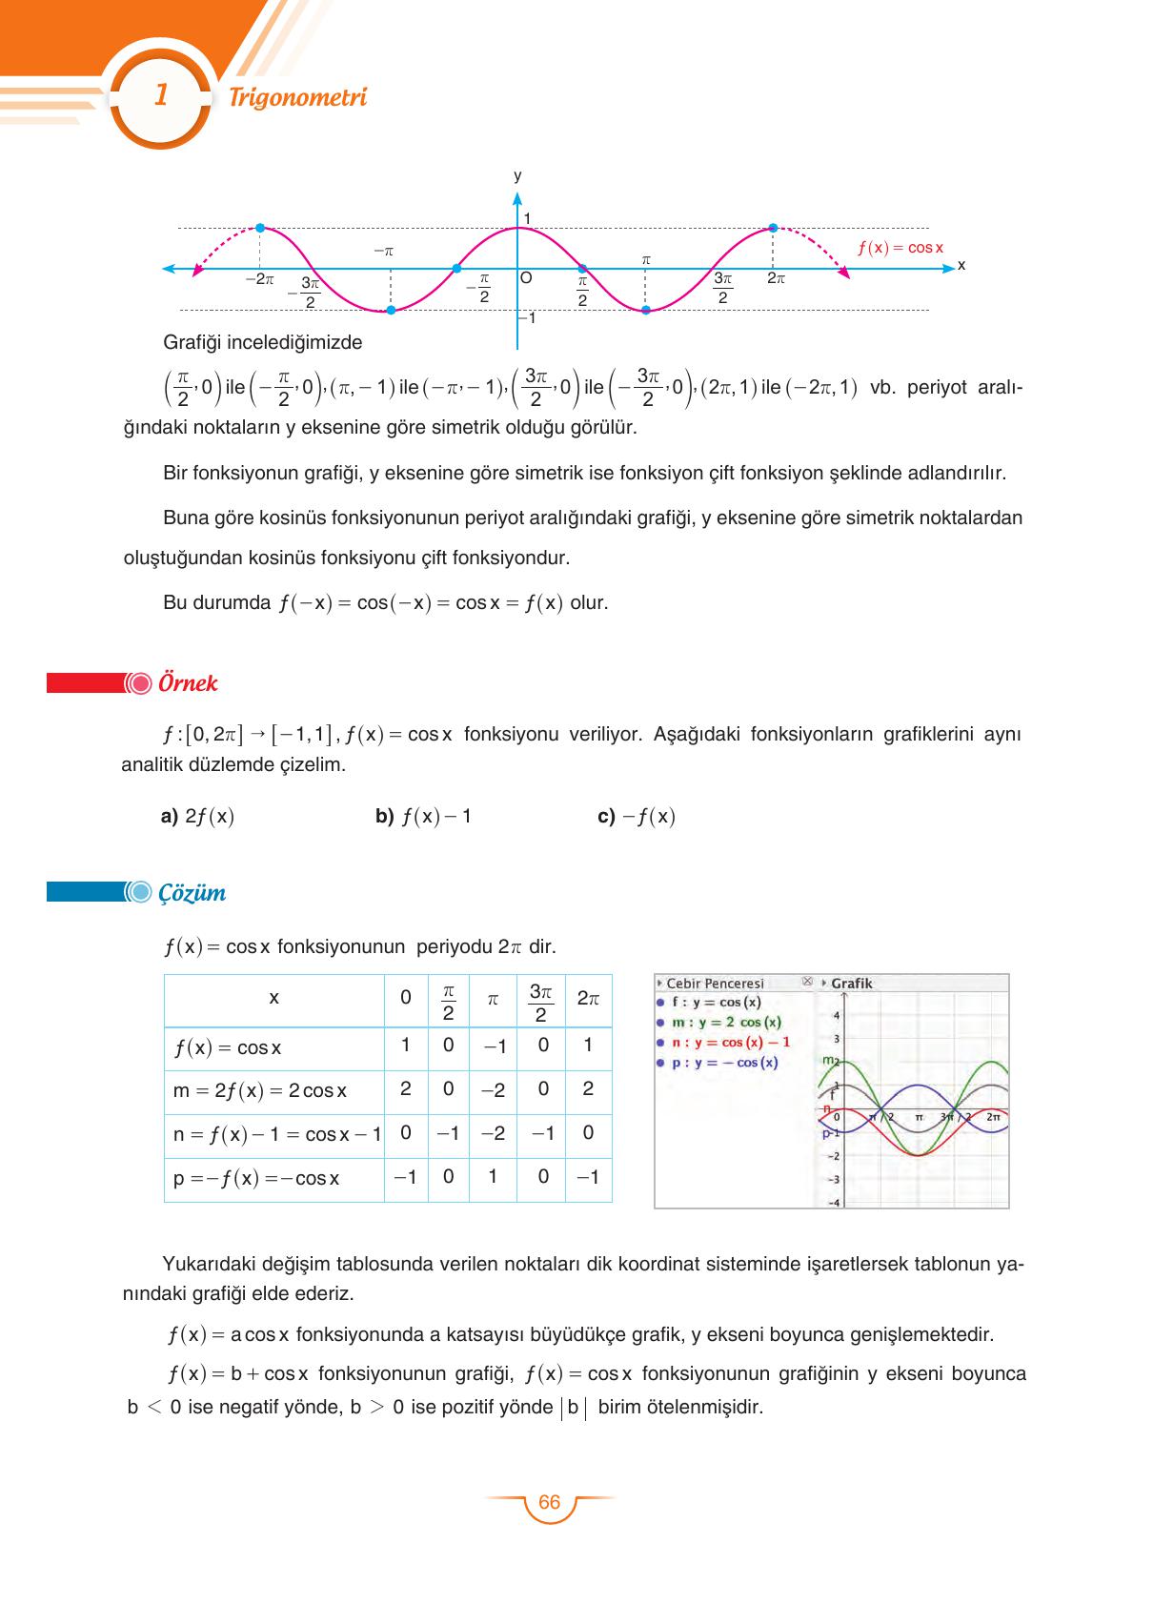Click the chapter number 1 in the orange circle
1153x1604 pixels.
[x=160, y=95]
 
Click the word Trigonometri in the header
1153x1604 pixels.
[x=297, y=98]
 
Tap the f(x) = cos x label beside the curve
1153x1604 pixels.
[x=900, y=248]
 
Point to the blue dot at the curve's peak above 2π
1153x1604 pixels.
[x=773, y=228]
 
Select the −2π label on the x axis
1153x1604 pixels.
[x=259, y=280]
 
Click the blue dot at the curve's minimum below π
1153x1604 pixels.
[x=645, y=310]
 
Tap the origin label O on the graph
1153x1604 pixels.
[x=525, y=278]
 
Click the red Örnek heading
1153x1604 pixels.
[x=188, y=683]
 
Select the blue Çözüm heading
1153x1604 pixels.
[x=192, y=893]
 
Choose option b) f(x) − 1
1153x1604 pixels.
[x=424, y=817]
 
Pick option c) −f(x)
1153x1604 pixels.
[x=637, y=817]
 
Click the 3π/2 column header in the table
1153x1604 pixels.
[x=540, y=1001]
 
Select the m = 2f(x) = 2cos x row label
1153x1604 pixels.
[x=260, y=1091]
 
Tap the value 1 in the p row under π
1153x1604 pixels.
[x=493, y=1176]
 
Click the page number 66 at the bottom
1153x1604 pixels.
[x=550, y=1503]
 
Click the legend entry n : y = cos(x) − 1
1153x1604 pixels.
[x=730, y=1043]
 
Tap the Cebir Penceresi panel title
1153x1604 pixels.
[x=714, y=984]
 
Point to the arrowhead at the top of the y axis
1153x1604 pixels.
[x=517, y=199]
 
